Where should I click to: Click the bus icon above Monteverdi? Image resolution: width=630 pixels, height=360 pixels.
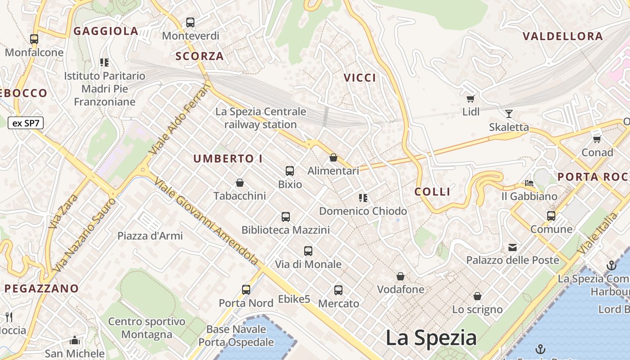pos(190,22)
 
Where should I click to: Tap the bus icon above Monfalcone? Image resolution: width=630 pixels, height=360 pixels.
pos(34,39)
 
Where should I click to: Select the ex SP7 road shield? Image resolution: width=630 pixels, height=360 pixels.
pos(26,123)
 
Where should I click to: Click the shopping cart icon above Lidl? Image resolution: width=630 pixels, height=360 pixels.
pos(470,99)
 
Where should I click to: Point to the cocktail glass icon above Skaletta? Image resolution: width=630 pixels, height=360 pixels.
pos(509,113)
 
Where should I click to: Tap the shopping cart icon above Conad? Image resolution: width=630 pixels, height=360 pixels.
pos(597,139)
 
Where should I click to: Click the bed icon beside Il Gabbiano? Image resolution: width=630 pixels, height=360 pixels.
pos(529,183)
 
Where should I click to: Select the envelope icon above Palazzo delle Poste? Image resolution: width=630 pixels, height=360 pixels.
pos(513,247)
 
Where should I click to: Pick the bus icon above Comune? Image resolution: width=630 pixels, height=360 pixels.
pos(551,216)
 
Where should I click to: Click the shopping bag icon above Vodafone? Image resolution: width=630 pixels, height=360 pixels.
pos(400,276)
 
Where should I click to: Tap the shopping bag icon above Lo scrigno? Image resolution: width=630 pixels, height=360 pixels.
pos(477,296)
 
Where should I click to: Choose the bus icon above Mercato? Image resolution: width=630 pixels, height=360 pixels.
pos(338,290)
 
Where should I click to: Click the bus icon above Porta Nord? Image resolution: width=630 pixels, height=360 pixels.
pos(246,289)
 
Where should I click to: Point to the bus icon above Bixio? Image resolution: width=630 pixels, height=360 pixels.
pos(290,171)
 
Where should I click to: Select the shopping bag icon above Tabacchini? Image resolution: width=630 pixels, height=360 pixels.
pos(240,183)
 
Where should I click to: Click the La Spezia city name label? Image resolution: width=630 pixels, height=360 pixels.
pos(431,337)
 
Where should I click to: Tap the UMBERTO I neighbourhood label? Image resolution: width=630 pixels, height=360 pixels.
pos(228,159)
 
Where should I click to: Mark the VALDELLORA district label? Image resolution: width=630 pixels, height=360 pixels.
pos(562,36)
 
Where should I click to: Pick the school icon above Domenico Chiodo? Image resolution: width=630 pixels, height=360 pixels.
pos(363,198)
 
